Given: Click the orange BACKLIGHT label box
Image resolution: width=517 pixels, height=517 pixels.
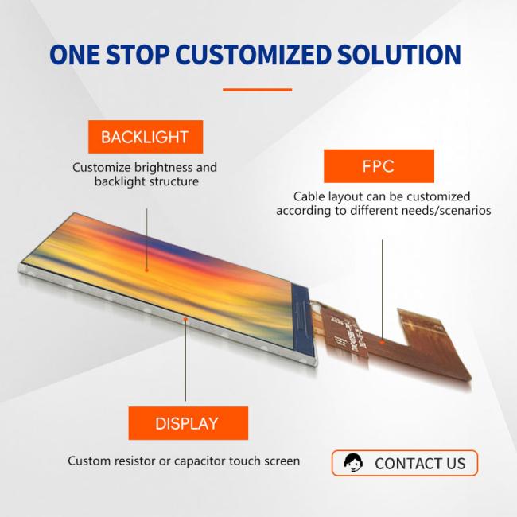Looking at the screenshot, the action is pyautogui.click(x=146, y=137).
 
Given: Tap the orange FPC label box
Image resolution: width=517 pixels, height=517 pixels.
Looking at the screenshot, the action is pyautogui.click(x=379, y=166).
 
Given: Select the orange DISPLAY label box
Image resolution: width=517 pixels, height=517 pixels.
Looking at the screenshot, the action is pyautogui.click(x=188, y=423).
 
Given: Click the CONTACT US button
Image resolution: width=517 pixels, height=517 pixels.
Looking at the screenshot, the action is pyautogui.click(x=405, y=463).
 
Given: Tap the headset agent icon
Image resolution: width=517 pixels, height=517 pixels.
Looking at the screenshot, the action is pyautogui.click(x=353, y=463).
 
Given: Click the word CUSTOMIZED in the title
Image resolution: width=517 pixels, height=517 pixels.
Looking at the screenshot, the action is pyautogui.click(x=253, y=54).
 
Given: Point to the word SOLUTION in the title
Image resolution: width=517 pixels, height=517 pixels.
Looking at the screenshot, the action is pyautogui.click(x=399, y=54).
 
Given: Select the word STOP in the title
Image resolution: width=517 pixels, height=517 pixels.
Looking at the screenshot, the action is pyautogui.click(x=138, y=54).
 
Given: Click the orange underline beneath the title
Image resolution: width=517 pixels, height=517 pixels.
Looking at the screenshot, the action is pyautogui.click(x=257, y=89).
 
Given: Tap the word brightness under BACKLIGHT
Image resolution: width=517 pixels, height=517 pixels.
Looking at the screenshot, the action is pyautogui.click(x=163, y=168).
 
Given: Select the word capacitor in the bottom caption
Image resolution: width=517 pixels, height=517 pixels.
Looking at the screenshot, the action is pyautogui.click(x=200, y=461).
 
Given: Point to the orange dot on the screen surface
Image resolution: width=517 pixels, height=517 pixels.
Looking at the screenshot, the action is pyautogui.click(x=146, y=270).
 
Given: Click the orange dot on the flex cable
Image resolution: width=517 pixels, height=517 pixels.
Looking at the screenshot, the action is pyautogui.click(x=382, y=342).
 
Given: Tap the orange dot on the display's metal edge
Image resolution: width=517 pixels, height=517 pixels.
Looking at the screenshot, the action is pyautogui.click(x=185, y=319).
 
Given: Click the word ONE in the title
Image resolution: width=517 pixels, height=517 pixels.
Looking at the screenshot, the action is pyautogui.click(x=75, y=54).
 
